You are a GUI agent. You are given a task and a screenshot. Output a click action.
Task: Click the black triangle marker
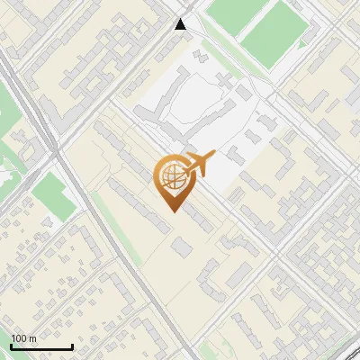182,24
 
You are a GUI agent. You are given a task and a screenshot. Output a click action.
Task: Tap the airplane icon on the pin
199,164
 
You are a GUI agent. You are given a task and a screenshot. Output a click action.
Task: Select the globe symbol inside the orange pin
171,177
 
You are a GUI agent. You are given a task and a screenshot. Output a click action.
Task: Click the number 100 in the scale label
18,338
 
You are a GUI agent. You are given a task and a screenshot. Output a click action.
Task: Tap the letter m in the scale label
31,338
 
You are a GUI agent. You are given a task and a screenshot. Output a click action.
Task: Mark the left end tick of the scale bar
11,346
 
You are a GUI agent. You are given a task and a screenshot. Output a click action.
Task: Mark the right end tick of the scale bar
72,346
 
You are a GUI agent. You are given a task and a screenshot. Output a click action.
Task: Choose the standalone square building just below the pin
183,246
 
